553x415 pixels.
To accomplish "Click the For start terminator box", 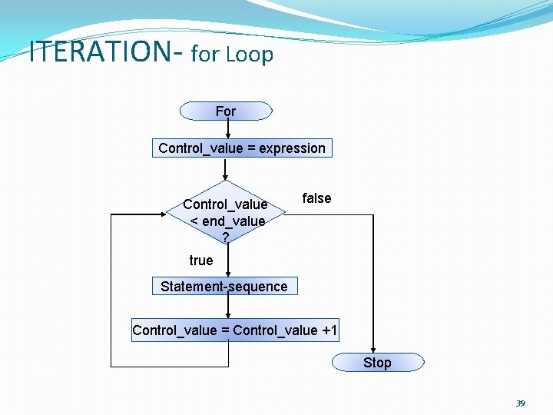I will pos(226,111).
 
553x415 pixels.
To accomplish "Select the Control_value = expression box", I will pos(242,148).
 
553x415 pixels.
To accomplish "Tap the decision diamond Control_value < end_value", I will pos(226,213).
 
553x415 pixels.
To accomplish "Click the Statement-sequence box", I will pos(224,287).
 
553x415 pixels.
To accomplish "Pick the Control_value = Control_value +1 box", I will pos(235,330).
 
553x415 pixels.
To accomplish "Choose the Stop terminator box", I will pos(377,363).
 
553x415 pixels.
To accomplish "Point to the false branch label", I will pos(316,198).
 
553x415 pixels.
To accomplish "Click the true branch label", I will pos(201,261).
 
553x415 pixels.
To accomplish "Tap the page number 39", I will pos(520,403).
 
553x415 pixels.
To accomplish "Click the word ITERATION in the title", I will pos(100,52).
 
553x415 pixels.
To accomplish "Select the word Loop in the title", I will pos(250,55).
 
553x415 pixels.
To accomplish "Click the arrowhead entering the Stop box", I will pos(374,349).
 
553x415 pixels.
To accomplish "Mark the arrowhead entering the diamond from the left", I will pos(163,215).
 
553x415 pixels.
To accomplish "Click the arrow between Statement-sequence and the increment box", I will pos(228,307).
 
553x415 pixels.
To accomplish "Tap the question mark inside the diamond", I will pos(225,237).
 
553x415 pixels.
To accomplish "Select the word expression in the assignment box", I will pos(292,148).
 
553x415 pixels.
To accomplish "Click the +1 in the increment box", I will pos(329,330).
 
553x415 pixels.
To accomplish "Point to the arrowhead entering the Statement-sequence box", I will pos(228,272).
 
